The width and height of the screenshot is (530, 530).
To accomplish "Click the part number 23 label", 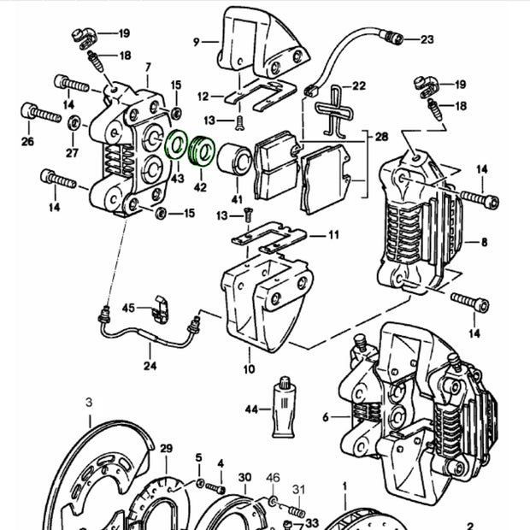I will click(x=427, y=39).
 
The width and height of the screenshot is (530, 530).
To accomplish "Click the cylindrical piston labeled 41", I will click(x=234, y=161).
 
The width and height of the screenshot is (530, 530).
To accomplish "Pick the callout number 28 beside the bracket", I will click(x=381, y=136).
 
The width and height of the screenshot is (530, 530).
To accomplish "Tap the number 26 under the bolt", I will click(x=27, y=141).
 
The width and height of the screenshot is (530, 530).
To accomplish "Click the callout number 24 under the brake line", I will click(x=150, y=367).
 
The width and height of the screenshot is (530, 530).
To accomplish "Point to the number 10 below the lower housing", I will click(x=249, y=369).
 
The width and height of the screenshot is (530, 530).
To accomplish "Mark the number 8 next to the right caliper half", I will click(x=486, y=241).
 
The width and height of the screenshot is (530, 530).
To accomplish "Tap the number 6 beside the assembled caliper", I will click(x=325, y=417).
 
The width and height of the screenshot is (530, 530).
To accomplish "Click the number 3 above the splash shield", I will click(x=89, y=401).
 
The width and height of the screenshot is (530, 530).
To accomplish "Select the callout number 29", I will click(x=166, y=449).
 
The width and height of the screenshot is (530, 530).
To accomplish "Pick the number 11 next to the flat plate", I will click(x=333, y=234).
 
